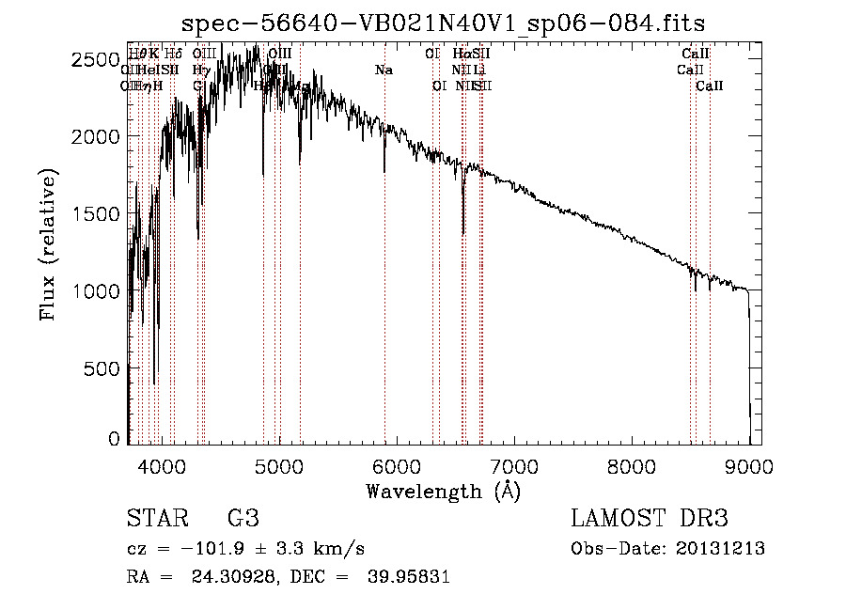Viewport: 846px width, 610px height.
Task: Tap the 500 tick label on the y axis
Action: (103, 368)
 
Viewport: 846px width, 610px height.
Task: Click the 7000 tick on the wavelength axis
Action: (514, 464)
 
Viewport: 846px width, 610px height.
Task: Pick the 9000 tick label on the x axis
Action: (749, 464)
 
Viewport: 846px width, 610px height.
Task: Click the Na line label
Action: (384, 70)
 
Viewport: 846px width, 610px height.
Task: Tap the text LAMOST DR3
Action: (650, 519)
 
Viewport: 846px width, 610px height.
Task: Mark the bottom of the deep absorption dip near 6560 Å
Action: (462, 234)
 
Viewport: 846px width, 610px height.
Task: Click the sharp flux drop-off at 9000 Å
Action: (749, 357)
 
